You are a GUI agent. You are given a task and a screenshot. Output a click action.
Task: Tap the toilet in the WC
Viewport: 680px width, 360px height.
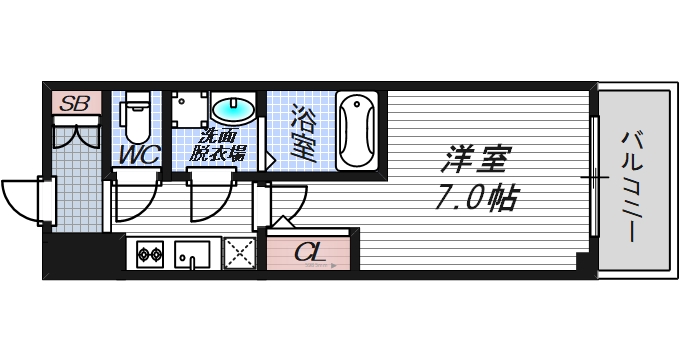(138, 118)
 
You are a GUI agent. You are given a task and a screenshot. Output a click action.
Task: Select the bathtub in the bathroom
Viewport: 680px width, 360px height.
(356, 131)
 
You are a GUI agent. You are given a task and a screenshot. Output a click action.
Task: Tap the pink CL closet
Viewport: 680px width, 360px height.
(310, 252)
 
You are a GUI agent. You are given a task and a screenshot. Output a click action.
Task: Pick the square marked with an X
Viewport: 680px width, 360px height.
(241, 254)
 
